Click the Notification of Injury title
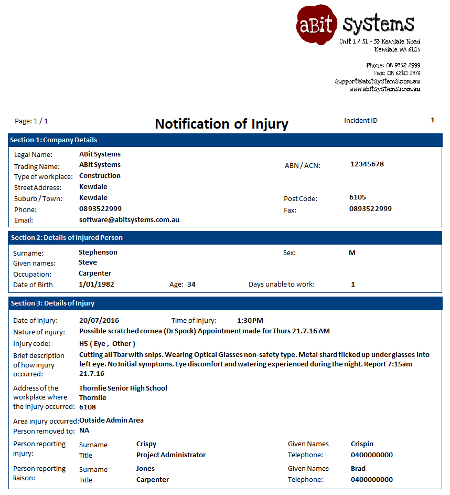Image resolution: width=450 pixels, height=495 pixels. pos(221,124)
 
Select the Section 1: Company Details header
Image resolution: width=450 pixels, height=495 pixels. pos(53,140)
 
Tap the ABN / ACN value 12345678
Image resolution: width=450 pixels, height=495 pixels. pos(367,164)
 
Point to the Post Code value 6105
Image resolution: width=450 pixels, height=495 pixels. pos(358,197)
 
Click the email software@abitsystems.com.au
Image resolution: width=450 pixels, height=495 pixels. pos(129,219)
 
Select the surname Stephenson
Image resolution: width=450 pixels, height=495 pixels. pos(98,252)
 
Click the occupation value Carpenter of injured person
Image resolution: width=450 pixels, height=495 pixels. pos(95,273)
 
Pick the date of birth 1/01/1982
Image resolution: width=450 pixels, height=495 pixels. pos(97,284)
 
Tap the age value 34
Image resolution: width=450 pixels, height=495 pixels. pos(191,284)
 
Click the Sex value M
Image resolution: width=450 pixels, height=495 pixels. pos(352,252)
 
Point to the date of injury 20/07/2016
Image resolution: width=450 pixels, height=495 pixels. pos(99,320)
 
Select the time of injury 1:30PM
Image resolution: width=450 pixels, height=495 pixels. pos(250,320)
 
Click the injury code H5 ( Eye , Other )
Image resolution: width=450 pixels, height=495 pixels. pos(107,343)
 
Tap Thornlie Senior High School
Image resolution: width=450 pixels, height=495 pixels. pos(123,388)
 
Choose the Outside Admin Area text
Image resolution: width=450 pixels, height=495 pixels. pos(111,420)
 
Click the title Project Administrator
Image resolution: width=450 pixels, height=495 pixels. pos(171,455)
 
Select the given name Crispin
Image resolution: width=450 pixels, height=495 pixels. pos(362,444)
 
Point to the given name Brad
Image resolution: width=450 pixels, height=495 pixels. pos(358,468)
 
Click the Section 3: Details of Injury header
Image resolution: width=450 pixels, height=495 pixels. pos(52,303)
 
